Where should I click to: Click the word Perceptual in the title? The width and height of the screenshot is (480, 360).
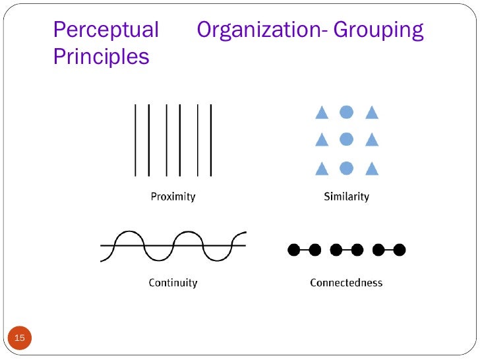point(105,30)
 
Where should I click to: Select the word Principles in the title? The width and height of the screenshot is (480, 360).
point(101,57)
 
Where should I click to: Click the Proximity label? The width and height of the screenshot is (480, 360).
point(173,196)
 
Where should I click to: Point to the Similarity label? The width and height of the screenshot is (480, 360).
point(346,196)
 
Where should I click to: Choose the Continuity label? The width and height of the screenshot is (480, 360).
point(173,283)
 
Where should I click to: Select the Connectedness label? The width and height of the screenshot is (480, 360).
point(346,283)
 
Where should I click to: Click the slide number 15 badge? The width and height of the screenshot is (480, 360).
point(20,338)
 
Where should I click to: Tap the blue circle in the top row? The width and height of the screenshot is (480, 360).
point(346,112)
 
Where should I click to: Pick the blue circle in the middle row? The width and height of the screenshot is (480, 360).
point(346,139)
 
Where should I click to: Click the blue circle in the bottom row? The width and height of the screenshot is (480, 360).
point(346,168)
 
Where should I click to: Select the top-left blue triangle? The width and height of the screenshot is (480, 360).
point(322,113)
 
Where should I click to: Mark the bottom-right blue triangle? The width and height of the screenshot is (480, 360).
point(372,169)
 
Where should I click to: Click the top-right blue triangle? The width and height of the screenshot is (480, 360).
point(372,113)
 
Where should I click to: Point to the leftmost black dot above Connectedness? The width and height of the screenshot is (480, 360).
point(294,250)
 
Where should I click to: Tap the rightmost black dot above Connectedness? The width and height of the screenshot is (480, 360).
point(399,250)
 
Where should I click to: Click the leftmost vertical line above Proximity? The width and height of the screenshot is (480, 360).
point(135,140)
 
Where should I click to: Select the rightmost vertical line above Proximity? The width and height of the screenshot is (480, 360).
point(211,140)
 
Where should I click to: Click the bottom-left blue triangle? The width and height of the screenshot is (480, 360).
point(322,169)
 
